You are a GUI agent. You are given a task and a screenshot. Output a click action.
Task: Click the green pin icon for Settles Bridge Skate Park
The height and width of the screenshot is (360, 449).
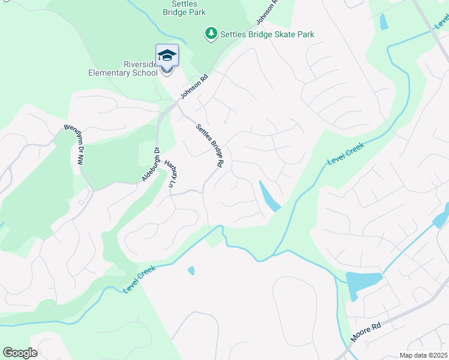211,34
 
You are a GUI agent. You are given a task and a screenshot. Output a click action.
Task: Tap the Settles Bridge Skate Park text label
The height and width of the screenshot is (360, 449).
267,35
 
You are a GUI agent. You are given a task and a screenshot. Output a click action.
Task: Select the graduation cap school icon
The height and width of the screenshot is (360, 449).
167,56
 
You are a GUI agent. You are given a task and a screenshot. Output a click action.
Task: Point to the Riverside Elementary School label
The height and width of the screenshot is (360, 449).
123,68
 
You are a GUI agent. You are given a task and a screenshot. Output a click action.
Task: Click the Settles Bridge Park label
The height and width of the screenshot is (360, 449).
184,8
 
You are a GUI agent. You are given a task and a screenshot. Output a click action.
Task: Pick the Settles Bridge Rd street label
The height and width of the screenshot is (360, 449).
210,145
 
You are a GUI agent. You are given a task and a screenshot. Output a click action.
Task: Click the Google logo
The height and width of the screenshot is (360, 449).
20,352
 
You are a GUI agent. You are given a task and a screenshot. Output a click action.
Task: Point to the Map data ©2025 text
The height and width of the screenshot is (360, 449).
423,355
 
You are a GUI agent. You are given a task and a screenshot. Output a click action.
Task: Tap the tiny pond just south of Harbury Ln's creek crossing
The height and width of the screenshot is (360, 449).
191,271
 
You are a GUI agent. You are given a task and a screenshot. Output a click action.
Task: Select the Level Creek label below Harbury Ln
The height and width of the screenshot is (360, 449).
139,279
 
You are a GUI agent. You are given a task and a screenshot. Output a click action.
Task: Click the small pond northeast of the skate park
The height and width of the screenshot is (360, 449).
384,22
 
